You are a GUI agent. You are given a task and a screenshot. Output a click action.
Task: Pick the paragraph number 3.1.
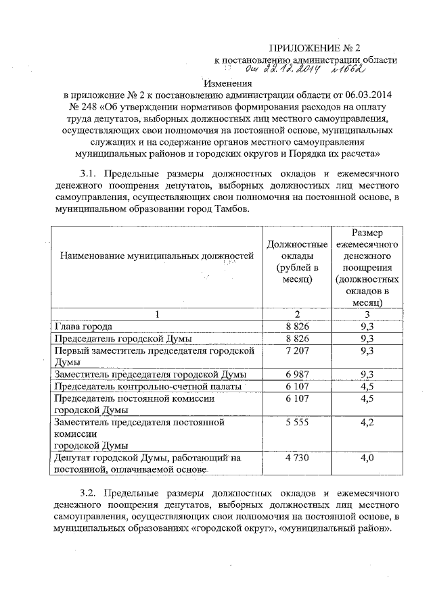89,174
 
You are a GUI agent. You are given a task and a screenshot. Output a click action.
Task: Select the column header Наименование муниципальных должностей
156,256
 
